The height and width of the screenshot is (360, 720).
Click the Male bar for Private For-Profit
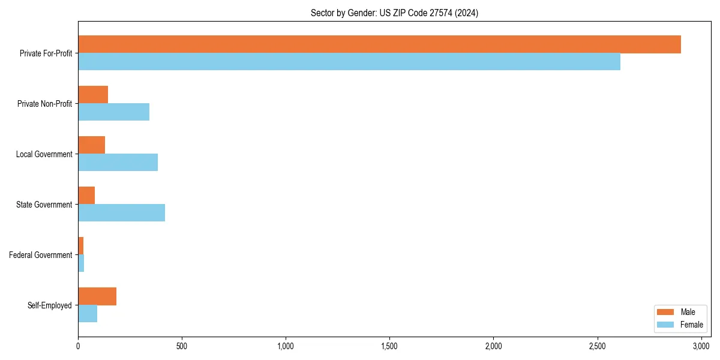tap(379, 44)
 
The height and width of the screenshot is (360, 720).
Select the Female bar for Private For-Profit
tap(349, 62)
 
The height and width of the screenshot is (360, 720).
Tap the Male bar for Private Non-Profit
tap(93, 95)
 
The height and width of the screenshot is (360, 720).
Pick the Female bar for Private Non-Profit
tap(113, 112)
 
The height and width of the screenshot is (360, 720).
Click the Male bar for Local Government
tap(91, 145)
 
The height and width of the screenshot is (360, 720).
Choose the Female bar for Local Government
tap(118, 163)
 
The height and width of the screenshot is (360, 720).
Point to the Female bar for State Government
tap(121, 213)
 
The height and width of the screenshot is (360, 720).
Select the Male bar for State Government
tap(86, 196)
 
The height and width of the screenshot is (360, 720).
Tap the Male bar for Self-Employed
tap(97, 296)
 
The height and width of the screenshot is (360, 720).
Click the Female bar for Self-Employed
tap(88, 314)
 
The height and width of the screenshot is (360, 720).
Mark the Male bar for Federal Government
tap(80, 246)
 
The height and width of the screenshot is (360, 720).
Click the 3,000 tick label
tap(701, 346)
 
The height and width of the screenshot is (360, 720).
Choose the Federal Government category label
tap(41, 255)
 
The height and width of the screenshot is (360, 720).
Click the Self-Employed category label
tap(50, 305)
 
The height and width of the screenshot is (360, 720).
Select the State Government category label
tap(44, 205)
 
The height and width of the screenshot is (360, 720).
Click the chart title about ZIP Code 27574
tap(394, 13)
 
